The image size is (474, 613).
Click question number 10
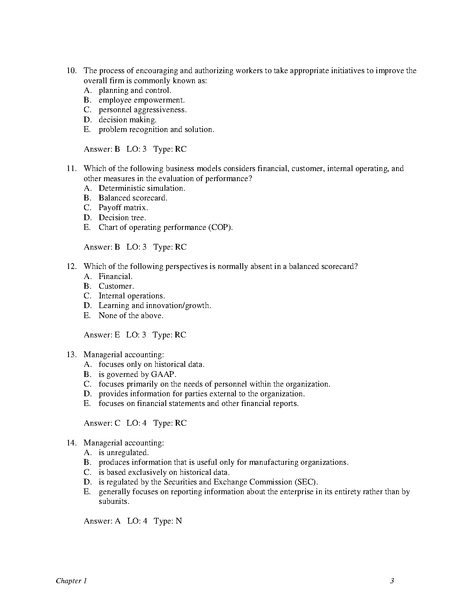click(72, 71)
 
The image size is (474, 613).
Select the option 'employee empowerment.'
click(141, 100)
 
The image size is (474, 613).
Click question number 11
click(72, 169)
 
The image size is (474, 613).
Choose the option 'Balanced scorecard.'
click(133, 198)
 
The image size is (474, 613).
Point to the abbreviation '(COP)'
click(220, 228)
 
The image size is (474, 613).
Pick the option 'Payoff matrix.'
click(123, 208)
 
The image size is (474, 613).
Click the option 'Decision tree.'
click(122, 218)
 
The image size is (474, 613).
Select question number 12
click(72, 267)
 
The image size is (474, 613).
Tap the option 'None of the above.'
click(131, 316)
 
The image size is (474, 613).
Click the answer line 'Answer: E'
click(102, 335)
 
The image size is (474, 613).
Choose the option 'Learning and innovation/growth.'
click(155, 306)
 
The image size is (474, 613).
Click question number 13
click(72, 355)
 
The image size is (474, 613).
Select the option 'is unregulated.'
click(124, 453)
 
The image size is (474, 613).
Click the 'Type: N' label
click(168, 521)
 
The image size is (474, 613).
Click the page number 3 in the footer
click(392, 581)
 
